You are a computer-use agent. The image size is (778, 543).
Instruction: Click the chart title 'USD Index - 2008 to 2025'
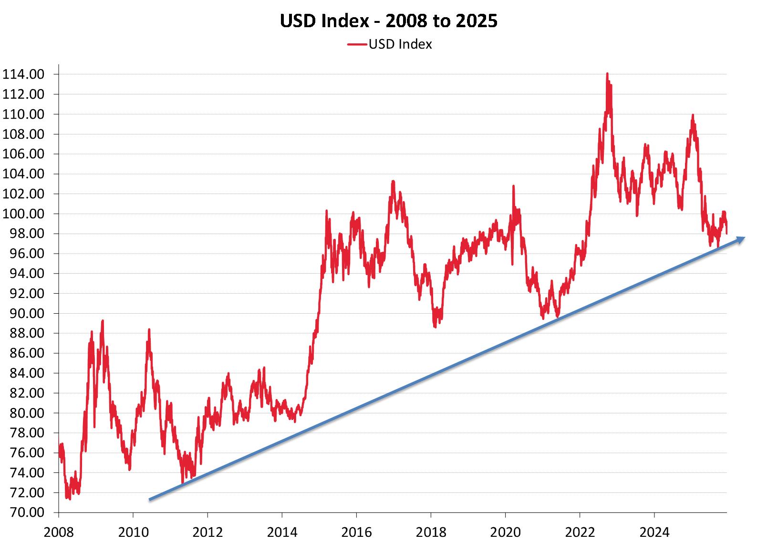point(389,21)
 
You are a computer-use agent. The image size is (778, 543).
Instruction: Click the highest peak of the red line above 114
point(607,73)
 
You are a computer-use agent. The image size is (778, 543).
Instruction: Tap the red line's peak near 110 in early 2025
point(692,114)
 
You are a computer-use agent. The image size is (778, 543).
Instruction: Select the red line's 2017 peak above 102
point(393,181)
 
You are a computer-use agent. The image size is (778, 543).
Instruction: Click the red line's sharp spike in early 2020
point(514,186)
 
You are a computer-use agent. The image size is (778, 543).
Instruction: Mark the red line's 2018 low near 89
point(435,327)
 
